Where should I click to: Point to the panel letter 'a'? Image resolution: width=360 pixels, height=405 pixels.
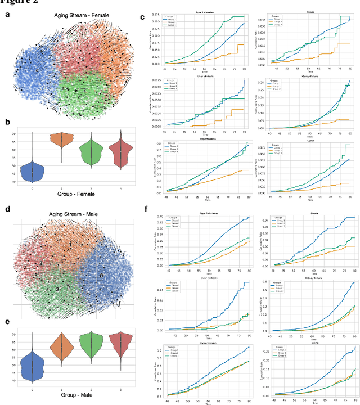7,15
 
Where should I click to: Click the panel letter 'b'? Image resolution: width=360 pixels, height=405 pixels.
7,121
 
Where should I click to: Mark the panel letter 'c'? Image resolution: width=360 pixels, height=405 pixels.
143,17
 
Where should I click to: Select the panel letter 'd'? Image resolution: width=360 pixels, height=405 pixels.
7,209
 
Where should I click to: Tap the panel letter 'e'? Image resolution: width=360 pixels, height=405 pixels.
7,322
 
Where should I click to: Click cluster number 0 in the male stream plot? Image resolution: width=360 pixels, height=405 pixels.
101,276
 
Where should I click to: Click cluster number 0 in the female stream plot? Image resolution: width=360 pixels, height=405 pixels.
37,71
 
